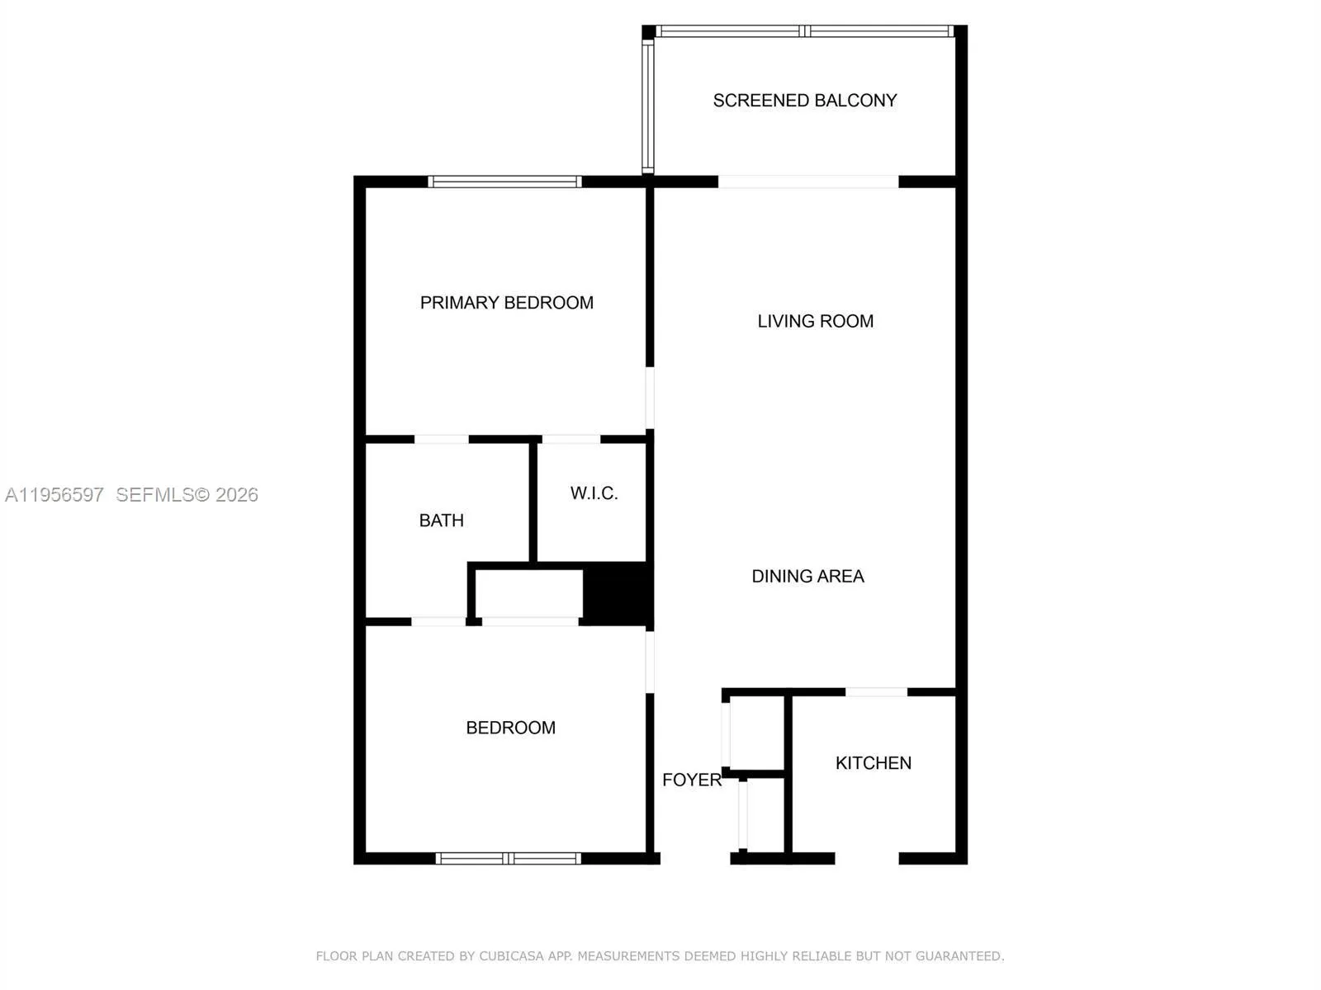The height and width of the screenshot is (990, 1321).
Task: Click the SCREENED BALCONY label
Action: click(x=805, y=101)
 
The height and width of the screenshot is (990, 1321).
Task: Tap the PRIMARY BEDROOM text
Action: click(x=507, y=302)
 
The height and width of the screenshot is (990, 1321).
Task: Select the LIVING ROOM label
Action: click(x=816, y=321)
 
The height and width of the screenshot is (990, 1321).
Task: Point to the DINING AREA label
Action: click(x=807, y=576)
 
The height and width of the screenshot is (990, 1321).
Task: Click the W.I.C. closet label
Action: click(x=594, y=493)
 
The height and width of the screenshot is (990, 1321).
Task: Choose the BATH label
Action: click(x=441, y=520)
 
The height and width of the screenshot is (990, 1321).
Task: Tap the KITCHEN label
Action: click(x=874, y=763)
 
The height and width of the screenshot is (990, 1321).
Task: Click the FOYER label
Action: click(x=692, y=780)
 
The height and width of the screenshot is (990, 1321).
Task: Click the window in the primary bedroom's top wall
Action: click(x=504, y=181)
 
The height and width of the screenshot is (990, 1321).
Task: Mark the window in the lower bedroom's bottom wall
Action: click(x=508, y=858)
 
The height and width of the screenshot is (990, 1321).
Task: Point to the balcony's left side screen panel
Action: click(x=647, y=107)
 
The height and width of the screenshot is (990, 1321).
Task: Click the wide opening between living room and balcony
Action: click(x=808, y=181)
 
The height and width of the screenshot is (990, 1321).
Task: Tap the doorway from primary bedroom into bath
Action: click(x=442, y=440)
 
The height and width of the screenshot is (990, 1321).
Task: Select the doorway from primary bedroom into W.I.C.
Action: click(x=571, y=440)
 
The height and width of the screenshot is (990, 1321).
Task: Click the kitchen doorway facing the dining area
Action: click(x=876, y=692)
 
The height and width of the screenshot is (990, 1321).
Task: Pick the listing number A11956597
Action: click(x=54, y=495)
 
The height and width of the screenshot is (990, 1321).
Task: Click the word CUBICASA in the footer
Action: click(x=512, y=955)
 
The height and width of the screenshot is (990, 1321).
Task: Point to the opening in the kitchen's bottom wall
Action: click(x=867, y=858)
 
